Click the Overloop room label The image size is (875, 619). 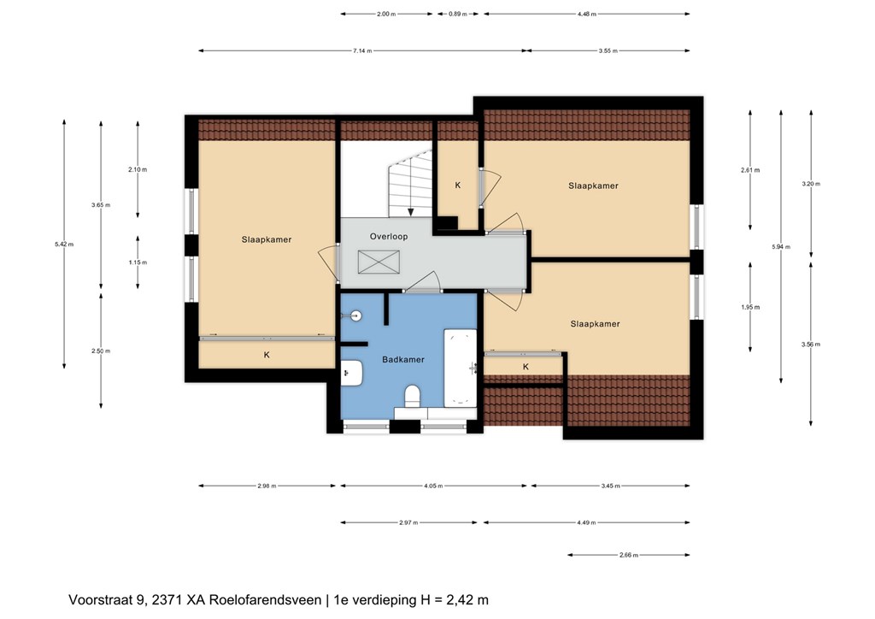pyautogui.click(x=389, y=237)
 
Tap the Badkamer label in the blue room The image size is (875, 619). pyautogui.click(x=403, y=360)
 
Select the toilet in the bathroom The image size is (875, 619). pyautogui.click(x=412, y=396)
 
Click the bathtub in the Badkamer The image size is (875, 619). pyautogui.click(x=461, y=368)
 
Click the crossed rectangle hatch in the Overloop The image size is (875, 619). pyautogui.click(x=379, y=262)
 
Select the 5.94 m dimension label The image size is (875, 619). pyautogui.click(x=781, y=247)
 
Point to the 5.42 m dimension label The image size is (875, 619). pyautogui.click(x=64, y=244)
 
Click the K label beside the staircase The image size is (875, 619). pyautogui.click(x=458, y=186)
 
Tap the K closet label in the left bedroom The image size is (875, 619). pyautogui.click(x=267, y=355)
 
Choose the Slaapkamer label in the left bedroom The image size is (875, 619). pyautogui.click(x=267, y=240)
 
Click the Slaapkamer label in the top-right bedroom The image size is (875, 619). pyautogui.click(x=593, y=186)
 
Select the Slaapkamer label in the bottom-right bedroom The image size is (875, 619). pyautogui.click(x=595, y=324)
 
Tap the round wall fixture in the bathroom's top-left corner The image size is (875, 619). pyautogui.click(x=355, y=316)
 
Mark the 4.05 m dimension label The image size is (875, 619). pyautogui.click(x=433, y=486)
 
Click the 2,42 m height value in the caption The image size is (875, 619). pyautogui.click(x=465, y=600)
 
